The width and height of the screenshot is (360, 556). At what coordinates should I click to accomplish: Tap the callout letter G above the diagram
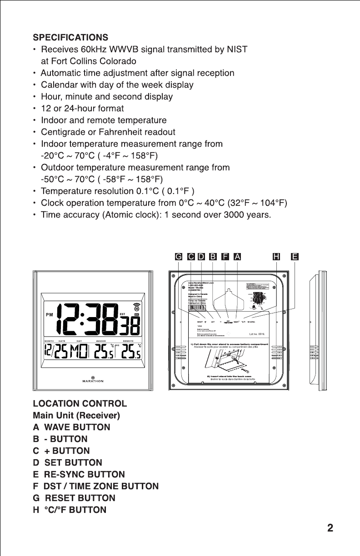tap(179, 257)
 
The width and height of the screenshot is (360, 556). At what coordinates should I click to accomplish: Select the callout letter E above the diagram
tap(295, 257)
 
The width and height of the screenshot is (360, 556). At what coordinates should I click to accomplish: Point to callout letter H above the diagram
tap(276, 257)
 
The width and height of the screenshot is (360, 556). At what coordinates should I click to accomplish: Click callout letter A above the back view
tap(237, 257)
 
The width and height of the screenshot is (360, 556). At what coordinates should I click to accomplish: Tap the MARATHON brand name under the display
tap(93, 381)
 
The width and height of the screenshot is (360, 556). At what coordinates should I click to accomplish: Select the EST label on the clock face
tap(122, 313)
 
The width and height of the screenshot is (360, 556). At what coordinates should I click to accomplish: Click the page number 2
tap(330, 528)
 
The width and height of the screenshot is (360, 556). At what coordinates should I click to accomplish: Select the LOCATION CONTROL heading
tap(80, 403)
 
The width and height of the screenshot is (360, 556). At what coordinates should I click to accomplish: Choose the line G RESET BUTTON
tap(74, 498)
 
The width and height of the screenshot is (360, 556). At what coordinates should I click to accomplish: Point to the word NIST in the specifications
tap(237, 49)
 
